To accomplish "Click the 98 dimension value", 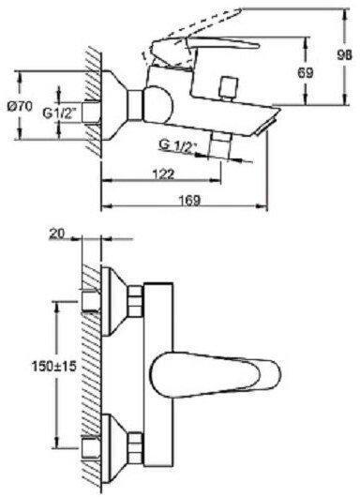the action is (344, 55).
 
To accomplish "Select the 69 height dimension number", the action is (306, 73).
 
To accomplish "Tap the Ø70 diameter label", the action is (20, 107).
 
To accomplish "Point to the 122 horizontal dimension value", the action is (163, 173).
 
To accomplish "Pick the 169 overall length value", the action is (189, 200).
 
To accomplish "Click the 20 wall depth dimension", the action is (56, 233).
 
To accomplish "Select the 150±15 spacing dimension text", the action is (54, 367).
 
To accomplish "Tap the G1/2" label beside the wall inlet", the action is (59, 113).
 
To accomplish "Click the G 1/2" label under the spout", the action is (178, 145).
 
